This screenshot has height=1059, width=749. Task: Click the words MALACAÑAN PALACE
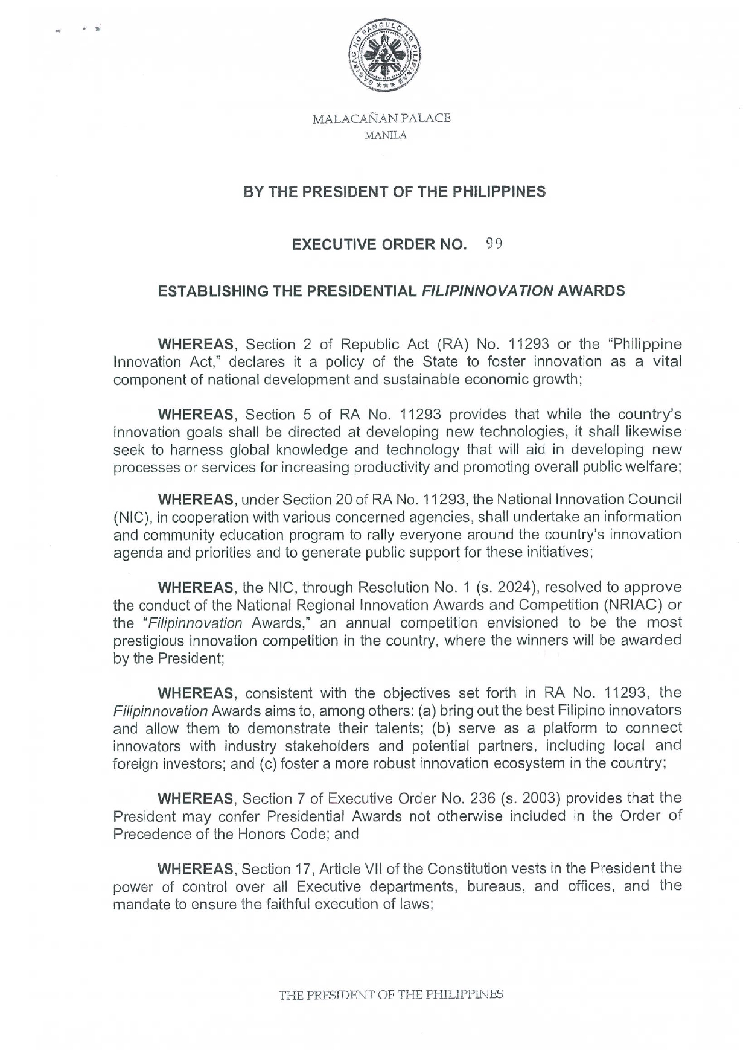381,119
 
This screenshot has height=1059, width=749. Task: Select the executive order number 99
494,244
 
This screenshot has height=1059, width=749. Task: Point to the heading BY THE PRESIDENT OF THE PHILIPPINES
394,192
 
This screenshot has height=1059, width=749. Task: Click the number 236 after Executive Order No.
483,798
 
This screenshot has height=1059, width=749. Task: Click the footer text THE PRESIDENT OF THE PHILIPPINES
390,994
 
